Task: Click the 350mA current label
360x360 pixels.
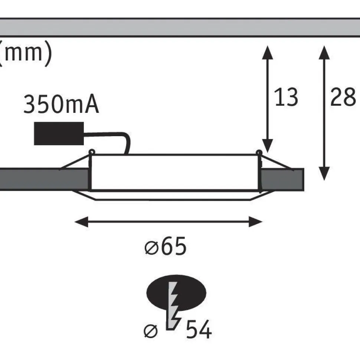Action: [x=61, y=104]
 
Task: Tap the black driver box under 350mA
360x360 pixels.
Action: [x=59, y=134]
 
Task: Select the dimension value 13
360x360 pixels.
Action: [x=286, y=97]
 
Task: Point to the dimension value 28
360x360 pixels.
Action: [x=343, y=97]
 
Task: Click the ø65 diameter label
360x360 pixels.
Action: [x=165, y=246]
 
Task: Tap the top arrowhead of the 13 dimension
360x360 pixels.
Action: [x=268, y=52]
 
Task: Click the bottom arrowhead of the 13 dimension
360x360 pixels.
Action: [x=268, y=146]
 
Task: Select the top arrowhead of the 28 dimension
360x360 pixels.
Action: [x=324, y=52]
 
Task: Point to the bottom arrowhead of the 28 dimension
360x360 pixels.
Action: [x=324, y=174]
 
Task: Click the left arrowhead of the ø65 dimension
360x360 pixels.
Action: [x=81, y=222]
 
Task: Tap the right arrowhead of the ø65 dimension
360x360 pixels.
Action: [x=256, y=222]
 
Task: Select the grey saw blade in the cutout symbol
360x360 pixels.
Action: [x=173, y=305]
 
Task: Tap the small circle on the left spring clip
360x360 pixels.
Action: [x=92, y=152]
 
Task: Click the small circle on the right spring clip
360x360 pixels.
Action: [x=259, y=153]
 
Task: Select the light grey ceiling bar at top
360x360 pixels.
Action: [x=180, y=27]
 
